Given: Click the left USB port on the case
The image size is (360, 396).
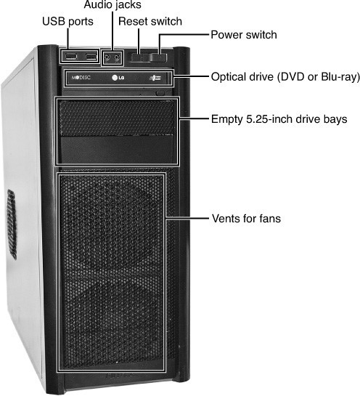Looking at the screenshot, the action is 70,56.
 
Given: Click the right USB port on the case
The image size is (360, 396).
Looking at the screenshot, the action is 91,57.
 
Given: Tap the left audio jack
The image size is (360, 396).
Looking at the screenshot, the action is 107,57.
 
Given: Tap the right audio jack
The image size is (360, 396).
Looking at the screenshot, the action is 117,58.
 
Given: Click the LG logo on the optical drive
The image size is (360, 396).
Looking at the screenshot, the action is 118,77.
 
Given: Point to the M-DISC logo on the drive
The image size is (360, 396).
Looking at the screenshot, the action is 81,77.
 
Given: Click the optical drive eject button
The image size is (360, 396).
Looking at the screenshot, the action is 160,93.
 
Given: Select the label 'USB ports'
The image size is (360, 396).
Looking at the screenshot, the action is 67,22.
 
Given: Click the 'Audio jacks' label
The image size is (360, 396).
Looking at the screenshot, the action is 112,5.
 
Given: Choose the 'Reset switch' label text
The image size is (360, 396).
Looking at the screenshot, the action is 150,21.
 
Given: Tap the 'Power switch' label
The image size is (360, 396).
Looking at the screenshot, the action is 244,35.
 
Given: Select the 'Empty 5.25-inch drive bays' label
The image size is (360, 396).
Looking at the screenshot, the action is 279,119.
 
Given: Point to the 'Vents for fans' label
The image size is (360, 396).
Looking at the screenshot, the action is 246,219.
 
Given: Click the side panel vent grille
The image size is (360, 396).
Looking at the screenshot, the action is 12,225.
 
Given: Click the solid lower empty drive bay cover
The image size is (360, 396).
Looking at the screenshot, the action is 117,150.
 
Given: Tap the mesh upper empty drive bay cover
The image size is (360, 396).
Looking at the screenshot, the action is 117,118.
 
